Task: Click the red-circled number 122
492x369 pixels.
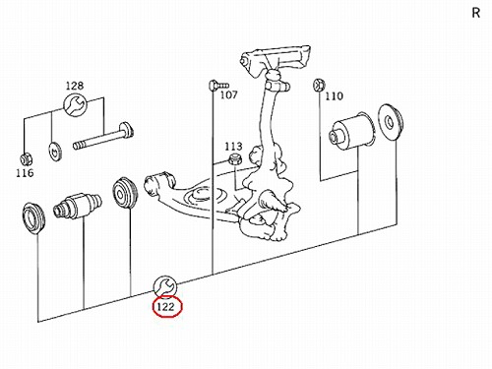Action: click(x=165, y=307)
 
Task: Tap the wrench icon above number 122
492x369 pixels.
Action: click(x=165, y=287)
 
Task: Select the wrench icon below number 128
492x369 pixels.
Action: click(x=75, y=104)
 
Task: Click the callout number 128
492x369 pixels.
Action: click(x=75, y=86)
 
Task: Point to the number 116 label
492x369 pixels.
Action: click(x=25, y=172)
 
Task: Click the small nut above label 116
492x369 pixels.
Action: click(x=25, y=159)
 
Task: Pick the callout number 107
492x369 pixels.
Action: click(x=228, y=95)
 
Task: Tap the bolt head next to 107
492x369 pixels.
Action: click(x=212, y=86)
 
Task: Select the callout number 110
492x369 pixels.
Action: click(x=334, y=96)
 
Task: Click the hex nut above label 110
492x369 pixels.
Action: click(x=319, y=85)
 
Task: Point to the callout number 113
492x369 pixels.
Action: click(x=233, y=147)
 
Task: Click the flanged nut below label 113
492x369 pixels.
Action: click(x=235, y=159)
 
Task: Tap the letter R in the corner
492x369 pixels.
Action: click(x=476, y=13)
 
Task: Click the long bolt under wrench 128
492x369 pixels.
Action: click(x=103, y=136)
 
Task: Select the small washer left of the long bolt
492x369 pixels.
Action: click(x=55, y=152)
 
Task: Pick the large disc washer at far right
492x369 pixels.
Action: click(x=391, y=122)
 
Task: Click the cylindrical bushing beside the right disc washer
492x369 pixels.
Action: click(x=351, y=131)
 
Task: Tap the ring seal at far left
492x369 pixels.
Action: click(x=33, y=218)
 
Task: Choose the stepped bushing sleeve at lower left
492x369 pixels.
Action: click(x=78, y=206)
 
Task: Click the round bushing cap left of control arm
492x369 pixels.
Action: click(x=125, y=193)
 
